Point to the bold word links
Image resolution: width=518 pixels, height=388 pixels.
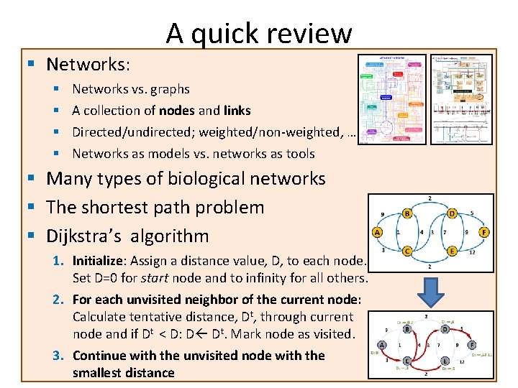(x=237, y=111)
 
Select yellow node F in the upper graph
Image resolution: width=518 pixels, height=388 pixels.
(x=484, y=232)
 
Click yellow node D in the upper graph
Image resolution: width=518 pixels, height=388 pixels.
(x=452, y=213)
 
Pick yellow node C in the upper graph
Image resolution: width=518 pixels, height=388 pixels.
(x=408, y=251)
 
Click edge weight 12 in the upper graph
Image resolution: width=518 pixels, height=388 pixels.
(x=471, y=251)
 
